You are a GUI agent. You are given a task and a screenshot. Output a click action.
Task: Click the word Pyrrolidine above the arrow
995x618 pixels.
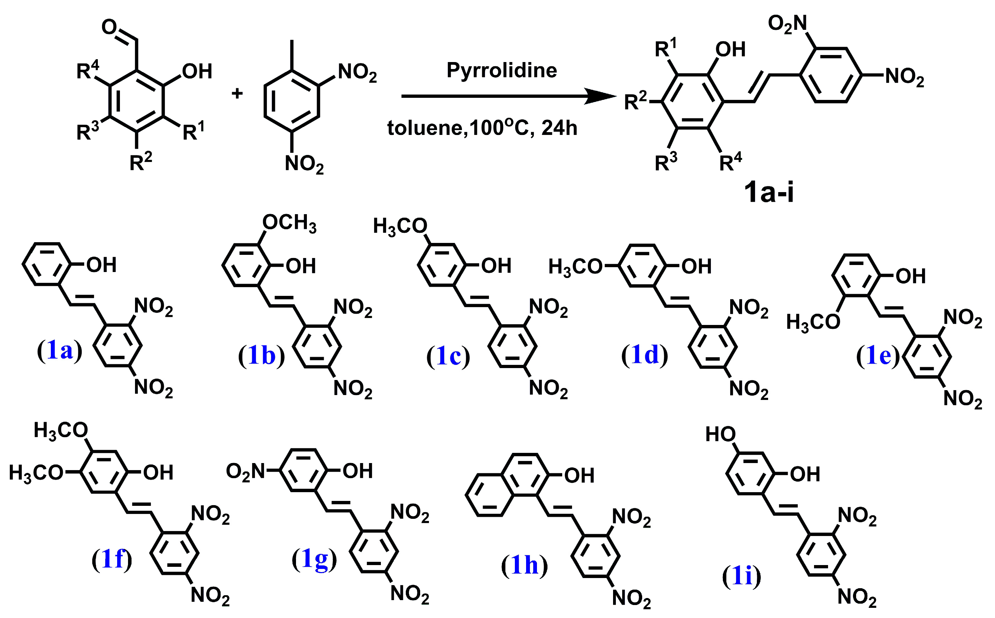click(502, 70)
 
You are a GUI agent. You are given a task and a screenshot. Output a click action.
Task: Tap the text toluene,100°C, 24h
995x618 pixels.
click(482, 128)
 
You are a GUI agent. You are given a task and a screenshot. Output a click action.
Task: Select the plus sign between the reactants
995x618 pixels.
click(237, 93)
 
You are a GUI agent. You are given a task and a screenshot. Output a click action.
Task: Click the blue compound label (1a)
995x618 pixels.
click(60, 351)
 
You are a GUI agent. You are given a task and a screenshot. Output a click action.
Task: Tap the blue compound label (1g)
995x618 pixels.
click(314, 559)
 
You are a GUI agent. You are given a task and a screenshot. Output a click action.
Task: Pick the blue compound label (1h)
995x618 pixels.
click(524, 565)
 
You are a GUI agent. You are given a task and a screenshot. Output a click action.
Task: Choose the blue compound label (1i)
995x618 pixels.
click(741, 576)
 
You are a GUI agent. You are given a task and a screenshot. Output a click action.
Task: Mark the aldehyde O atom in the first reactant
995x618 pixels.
click(109, 27)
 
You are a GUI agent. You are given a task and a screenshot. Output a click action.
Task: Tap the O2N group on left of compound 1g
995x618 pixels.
click(246, 471)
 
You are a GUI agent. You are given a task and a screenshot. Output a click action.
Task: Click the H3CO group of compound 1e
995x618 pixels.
click(813, 322)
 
